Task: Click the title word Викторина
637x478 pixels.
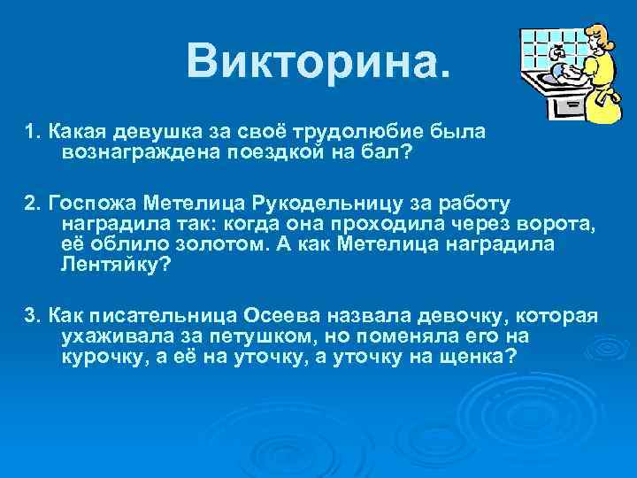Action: point(318,61)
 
